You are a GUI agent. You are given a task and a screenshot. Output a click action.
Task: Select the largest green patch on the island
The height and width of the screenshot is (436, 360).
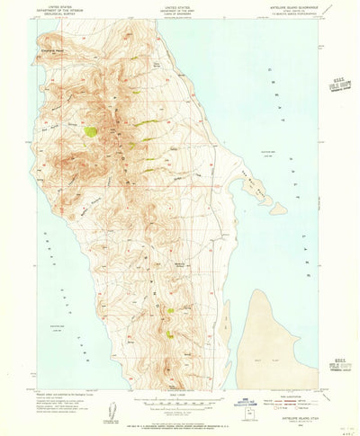click(91, 131)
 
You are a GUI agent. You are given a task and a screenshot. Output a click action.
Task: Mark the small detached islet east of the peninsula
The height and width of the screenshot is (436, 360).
click(280, 209)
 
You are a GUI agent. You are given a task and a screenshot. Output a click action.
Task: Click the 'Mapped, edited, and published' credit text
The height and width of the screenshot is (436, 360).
click(67, 396)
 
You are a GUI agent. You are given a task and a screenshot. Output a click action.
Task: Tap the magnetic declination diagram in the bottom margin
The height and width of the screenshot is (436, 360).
click(112, 410)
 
